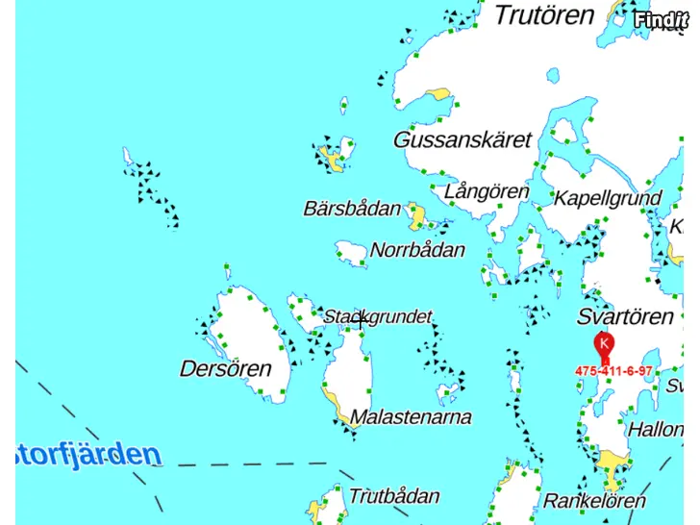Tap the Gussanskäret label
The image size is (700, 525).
[x=462, y=140]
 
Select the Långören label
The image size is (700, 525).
[x=487, y=192]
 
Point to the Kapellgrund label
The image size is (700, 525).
[x=608, y=199]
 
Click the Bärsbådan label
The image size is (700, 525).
[x=352, y=209]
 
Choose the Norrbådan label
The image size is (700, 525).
[x=417, y=251]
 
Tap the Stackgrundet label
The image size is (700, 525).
[x=377, y=316]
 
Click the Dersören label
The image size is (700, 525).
[x=225, y=368]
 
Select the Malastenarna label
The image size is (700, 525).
[x=411, y=417]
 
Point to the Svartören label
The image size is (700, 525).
[x=625, y=317]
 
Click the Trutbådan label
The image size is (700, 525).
[x=394, y=497]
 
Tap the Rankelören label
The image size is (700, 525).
[x=594, y=501]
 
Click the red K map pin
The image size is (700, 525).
[x=604, y=344]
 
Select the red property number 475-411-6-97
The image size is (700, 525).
[x=613, y=371]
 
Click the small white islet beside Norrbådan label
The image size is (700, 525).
[x=351, y=252]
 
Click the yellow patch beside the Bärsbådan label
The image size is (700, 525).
[x=416, y=216]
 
